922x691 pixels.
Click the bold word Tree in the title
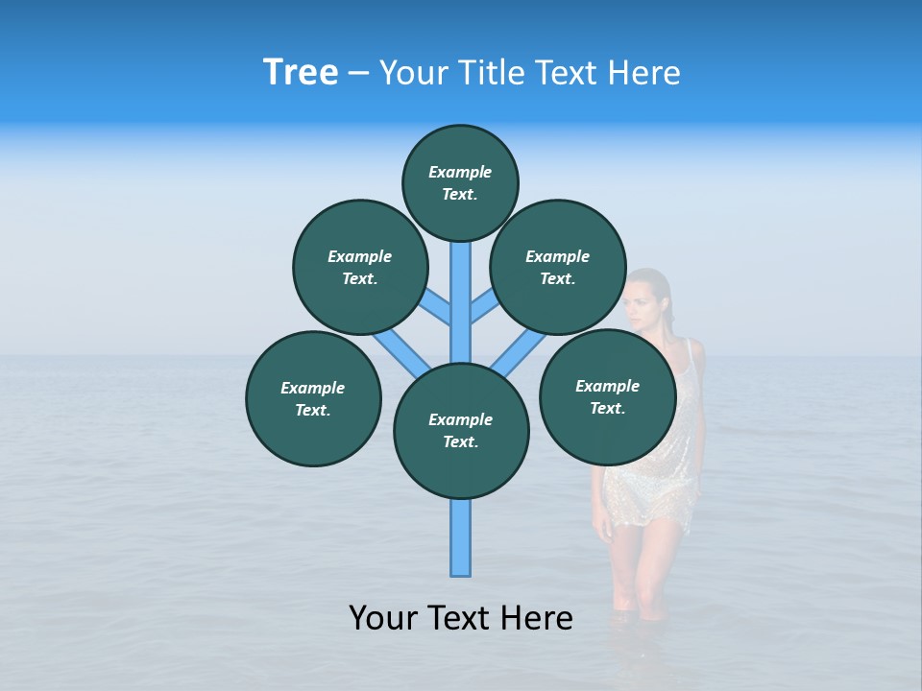pos(301,72)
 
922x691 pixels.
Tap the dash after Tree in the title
pos(358,74)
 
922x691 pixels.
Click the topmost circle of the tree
pos(460,182)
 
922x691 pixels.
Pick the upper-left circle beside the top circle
pos(360,267)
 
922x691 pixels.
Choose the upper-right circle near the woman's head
pos(558,267)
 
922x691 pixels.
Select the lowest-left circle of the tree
pos(313,398)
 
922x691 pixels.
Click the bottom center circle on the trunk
pos(461,430)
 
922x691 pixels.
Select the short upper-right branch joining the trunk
pos(484,308)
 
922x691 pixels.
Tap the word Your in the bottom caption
pos(384,618)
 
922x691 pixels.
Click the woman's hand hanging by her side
pos(602,525)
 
